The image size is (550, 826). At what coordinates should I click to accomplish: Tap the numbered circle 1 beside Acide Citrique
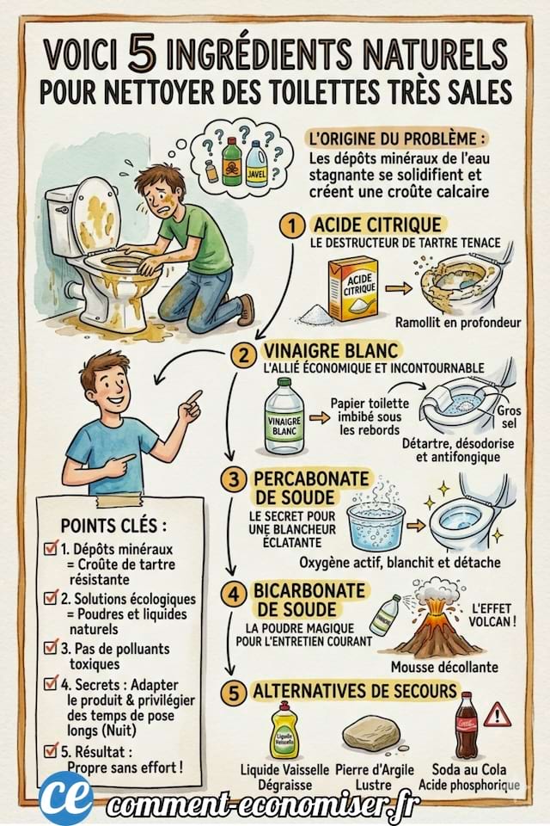tap(293, 225)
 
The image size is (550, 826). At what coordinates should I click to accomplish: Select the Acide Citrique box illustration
tap(353, 287)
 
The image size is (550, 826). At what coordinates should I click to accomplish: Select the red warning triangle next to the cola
tap(497, 714)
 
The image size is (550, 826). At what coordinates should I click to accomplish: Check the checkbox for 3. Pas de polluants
tap(51, 649)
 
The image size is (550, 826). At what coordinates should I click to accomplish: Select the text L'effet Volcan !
tap(495, 614)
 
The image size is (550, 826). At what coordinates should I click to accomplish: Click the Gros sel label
tap(508, 417)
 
